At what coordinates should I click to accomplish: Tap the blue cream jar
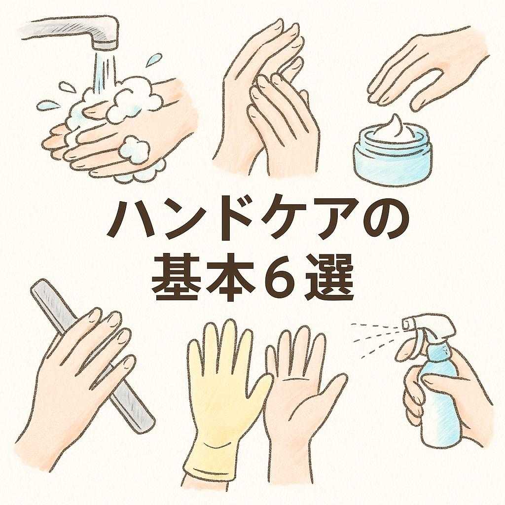[393, 155]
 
